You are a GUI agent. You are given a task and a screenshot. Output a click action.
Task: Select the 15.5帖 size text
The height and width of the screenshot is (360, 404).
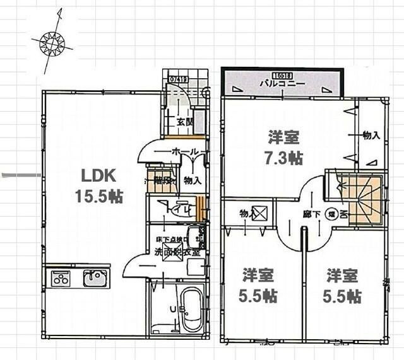(x=98, y=196)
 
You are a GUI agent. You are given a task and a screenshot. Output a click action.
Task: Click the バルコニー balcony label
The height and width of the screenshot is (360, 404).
(x=282, y=83)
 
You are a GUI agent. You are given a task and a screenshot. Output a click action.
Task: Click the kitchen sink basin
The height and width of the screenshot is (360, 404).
(x=95, y=278)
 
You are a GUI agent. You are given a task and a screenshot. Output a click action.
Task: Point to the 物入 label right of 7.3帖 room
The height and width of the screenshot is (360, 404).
(x=371, y=136)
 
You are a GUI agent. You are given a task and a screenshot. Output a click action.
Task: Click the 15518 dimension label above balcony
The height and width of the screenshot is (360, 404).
(x=280, y=74)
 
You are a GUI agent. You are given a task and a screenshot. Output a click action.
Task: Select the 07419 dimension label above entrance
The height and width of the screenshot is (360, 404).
(x=178, y=79)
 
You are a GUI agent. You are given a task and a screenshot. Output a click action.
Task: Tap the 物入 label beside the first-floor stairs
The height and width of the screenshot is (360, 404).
(x=192, y=180)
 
